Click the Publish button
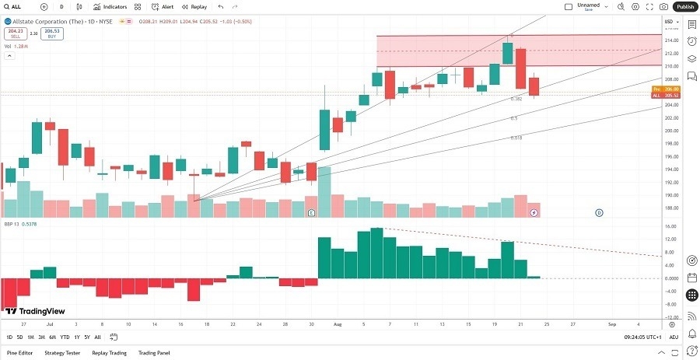point(684,6)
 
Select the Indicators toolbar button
point(110,6)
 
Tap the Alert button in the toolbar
point(163,6)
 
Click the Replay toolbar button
point(194,6)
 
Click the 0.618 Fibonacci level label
point(516,138)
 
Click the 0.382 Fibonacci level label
point(516,99)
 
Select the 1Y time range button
point(77,337)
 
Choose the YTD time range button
point(65,337)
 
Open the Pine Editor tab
point(19,352)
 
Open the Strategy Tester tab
point(62,352)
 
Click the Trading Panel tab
point(153,352)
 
